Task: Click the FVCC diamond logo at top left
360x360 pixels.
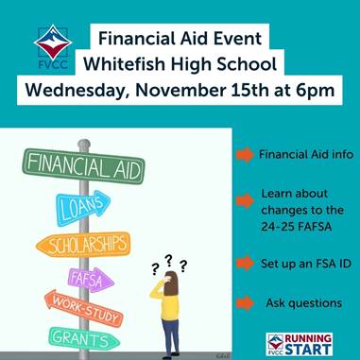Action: pos(53,44)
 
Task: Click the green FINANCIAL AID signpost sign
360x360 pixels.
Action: pos(83,166)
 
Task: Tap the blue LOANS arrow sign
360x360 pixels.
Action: pos(83,207)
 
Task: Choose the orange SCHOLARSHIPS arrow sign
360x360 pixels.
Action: pos(83,245)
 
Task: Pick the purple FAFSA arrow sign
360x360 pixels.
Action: pos(91,280)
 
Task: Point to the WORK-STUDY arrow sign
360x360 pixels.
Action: pos(82,308)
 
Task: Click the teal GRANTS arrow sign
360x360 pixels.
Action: pos(83,338)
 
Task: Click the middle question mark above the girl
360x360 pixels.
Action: pos(169,261)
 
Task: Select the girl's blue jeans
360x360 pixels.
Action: pos(170,335)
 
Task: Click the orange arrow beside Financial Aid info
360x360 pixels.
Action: pos(245,155)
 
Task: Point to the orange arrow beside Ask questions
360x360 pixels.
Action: pos(245,303)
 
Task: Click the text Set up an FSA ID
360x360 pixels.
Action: pos(305,264)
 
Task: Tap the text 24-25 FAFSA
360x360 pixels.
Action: pos(296,227)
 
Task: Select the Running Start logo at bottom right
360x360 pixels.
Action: pos(300,344)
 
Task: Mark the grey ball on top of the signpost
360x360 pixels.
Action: pos(84,144)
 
